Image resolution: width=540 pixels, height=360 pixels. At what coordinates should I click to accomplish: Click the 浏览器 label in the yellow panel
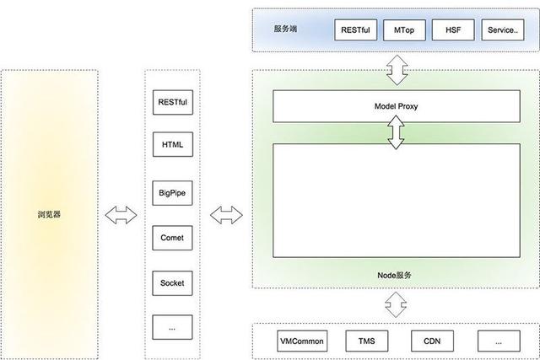pyautogui.click(x=50, y=214)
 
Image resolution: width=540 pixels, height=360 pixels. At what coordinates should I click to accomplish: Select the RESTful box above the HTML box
pyautogui.click(x=172, y=101)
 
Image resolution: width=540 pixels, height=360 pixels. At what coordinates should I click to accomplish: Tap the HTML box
pyautogui.click(x=172, y=146)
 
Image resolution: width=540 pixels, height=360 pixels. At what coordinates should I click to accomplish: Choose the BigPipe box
pyautogui.click(x=172, y=192)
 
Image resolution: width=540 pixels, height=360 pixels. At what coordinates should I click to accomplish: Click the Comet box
pyautogui.click(x=172, y=238)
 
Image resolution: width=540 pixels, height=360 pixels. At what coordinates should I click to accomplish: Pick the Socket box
pyautogui.click(x=172, y=282)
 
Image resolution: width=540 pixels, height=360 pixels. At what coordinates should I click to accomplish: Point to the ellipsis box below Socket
pyautogui.click(x=172, y=327)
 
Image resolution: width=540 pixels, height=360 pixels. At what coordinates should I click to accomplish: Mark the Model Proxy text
pyautogui.click(x=396, y=108)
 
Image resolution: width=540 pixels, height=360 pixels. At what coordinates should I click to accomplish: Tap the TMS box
pyautogui.click(x=366, y=341)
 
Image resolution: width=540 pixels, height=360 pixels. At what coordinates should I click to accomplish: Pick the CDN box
pyautogui.click(x=433, y=341)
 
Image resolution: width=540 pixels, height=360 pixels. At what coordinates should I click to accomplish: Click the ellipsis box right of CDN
pyautogui.click(x=499, y=341)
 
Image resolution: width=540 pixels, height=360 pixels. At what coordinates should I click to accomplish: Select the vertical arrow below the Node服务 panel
pyautogui.click(x=396, y=304)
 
